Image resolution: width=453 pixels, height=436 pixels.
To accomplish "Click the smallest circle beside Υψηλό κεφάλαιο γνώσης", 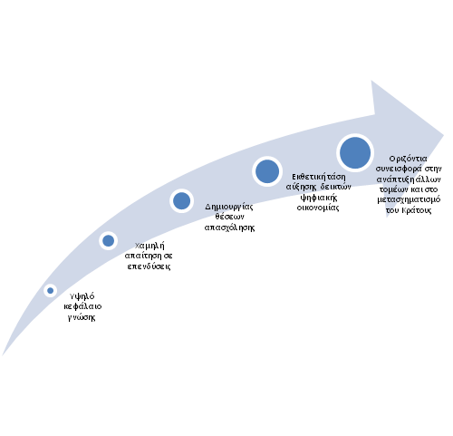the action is point(50,291).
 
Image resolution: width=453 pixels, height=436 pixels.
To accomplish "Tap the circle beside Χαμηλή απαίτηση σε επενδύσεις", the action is point(108,241).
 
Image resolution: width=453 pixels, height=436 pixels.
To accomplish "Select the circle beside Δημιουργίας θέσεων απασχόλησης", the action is point(181,201).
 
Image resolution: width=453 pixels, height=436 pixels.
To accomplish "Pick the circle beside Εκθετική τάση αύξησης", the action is point(267,171).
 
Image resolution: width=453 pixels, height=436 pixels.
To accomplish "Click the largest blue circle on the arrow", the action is point(355,153).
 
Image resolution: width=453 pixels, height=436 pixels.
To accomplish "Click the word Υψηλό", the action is point(82,296).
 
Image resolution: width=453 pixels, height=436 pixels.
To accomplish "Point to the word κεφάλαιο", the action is point(82,306).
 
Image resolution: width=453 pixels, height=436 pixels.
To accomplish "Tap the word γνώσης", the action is point(82,317).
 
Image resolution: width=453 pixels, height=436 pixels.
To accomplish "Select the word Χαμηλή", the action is point(149,246).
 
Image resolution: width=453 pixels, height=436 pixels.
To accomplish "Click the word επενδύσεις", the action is point(149,266).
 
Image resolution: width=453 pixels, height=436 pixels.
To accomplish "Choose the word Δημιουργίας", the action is point(229,208).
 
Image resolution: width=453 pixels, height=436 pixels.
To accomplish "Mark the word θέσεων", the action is point(229,217).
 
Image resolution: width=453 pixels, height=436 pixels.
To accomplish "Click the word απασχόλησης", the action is point(229,228).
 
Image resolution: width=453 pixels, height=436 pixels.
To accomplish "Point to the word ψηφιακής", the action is point(318,198).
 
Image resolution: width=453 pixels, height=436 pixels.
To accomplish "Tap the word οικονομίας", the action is point(318,208).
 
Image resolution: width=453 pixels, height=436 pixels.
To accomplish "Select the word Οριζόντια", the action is point(408,159).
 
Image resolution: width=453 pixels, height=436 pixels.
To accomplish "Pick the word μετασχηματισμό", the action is point(409,199).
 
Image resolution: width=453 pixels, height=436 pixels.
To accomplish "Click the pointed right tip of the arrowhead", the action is point(443,135).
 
